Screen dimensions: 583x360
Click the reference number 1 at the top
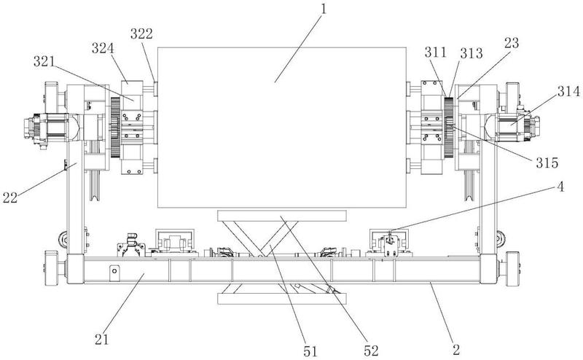click(324, 9)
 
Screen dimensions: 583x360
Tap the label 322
click(141, 34)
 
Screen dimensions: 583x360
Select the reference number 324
click(103, 48)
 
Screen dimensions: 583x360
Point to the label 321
click(44, 62)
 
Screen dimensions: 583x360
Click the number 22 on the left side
click(10, 197)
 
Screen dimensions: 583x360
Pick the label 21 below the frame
click(101, 339)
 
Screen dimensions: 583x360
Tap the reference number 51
click(310, 351)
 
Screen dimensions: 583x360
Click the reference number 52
click(371, 351)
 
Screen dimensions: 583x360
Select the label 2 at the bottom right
click(456, 350)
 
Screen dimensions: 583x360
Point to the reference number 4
click(560, 187)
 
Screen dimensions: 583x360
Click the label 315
click(547, 163)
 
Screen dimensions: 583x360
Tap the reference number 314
click(568, 91)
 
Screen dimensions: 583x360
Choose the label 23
click(512, 43)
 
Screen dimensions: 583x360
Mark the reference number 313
click(472, 53)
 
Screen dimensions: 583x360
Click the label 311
click(435, 52)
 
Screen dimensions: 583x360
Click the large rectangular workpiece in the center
click(281, 128)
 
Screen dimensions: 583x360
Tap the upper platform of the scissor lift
click(282, 215)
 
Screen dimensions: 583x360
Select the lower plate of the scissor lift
click(282, 299)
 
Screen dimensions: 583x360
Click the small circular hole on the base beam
click(114, 271)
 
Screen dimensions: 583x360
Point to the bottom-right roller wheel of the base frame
click(513, 268)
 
